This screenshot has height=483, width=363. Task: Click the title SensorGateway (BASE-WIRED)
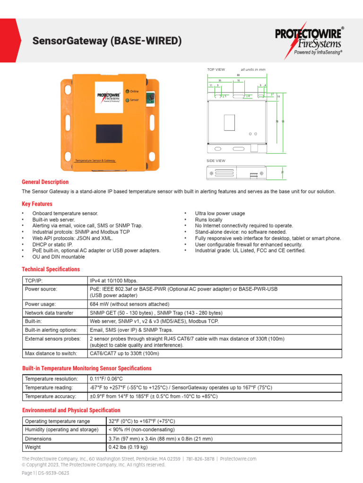coord(107,42)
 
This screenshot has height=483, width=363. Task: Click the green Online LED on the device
coord(127,91)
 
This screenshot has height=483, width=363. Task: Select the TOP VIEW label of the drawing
coord(216,69)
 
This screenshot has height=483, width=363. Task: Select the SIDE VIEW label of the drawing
coord(216,161)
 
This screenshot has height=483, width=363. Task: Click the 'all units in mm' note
coord(253,69)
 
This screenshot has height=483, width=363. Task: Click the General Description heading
coord(45,182)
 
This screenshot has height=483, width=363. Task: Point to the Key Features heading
coord(37,204)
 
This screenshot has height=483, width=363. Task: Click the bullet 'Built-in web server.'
coord(53,220)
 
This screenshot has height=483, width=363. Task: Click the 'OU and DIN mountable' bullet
coord(59,257)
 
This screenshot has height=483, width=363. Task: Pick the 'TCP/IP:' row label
coord(34,281)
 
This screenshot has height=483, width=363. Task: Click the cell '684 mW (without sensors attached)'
coord(130,304)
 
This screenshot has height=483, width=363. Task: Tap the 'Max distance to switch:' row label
coord(52,353)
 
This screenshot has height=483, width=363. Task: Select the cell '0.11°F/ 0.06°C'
coord(106,379)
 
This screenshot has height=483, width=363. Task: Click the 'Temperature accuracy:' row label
coord(51,397)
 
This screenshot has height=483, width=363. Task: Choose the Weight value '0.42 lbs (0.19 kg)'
coord(128,447)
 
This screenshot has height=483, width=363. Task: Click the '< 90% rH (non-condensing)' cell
coord(142,430)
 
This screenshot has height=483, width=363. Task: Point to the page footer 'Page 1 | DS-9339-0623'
coord(45,473)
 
